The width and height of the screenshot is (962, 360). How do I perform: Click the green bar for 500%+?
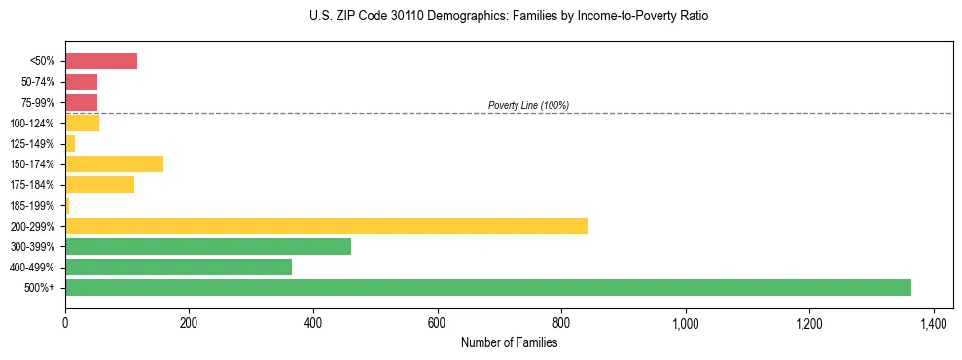(487, 287)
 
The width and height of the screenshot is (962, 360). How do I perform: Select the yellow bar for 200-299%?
(326, 226)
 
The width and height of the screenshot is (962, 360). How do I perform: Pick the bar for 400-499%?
(178, 267)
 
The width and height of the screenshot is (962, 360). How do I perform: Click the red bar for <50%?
(101, 61)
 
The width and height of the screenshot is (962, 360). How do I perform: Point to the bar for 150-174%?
(114, 163)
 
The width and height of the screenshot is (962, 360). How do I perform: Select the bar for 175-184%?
(99, 184)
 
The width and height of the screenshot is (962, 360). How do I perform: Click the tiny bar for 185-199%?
(67, 205)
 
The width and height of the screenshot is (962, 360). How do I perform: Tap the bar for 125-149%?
(70, 143)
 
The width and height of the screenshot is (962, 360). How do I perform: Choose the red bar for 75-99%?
(81, 102)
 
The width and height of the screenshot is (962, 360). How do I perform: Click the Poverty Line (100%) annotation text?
(528, 105)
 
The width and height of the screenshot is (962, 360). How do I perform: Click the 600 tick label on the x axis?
(437, 323)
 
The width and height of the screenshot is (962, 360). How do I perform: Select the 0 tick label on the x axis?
(65, 323)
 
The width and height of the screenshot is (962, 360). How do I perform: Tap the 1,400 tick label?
(933, 323)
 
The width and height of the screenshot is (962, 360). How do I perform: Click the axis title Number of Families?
(509, 342)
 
